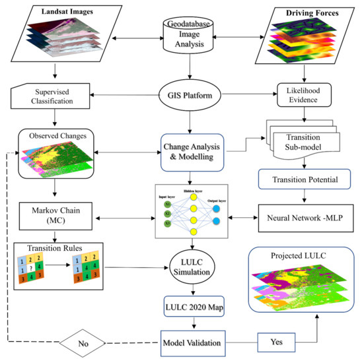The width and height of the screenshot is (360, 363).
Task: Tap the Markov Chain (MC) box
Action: click(x=48, y=216)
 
